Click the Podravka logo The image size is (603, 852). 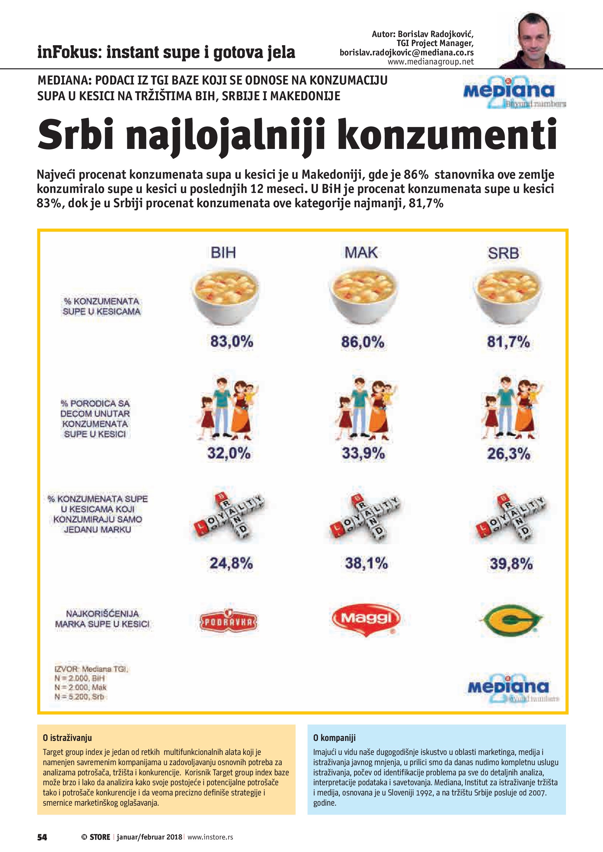(x=229, y=621)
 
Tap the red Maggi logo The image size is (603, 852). (x=366, y=619)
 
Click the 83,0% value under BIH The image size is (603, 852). (x=232, y=341)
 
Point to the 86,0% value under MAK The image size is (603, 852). (x=363, y=341)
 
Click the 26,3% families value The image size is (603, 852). (x=508, y=454)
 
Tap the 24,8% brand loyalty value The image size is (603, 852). (x=231, y=563)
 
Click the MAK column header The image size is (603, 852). (x=361, y=253)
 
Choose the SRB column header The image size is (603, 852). (x=503, y=253)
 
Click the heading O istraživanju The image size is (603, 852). (x=67, y=738)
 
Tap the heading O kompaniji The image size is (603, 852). (x=334, y=738)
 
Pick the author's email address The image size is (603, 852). (x=407, y=53)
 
